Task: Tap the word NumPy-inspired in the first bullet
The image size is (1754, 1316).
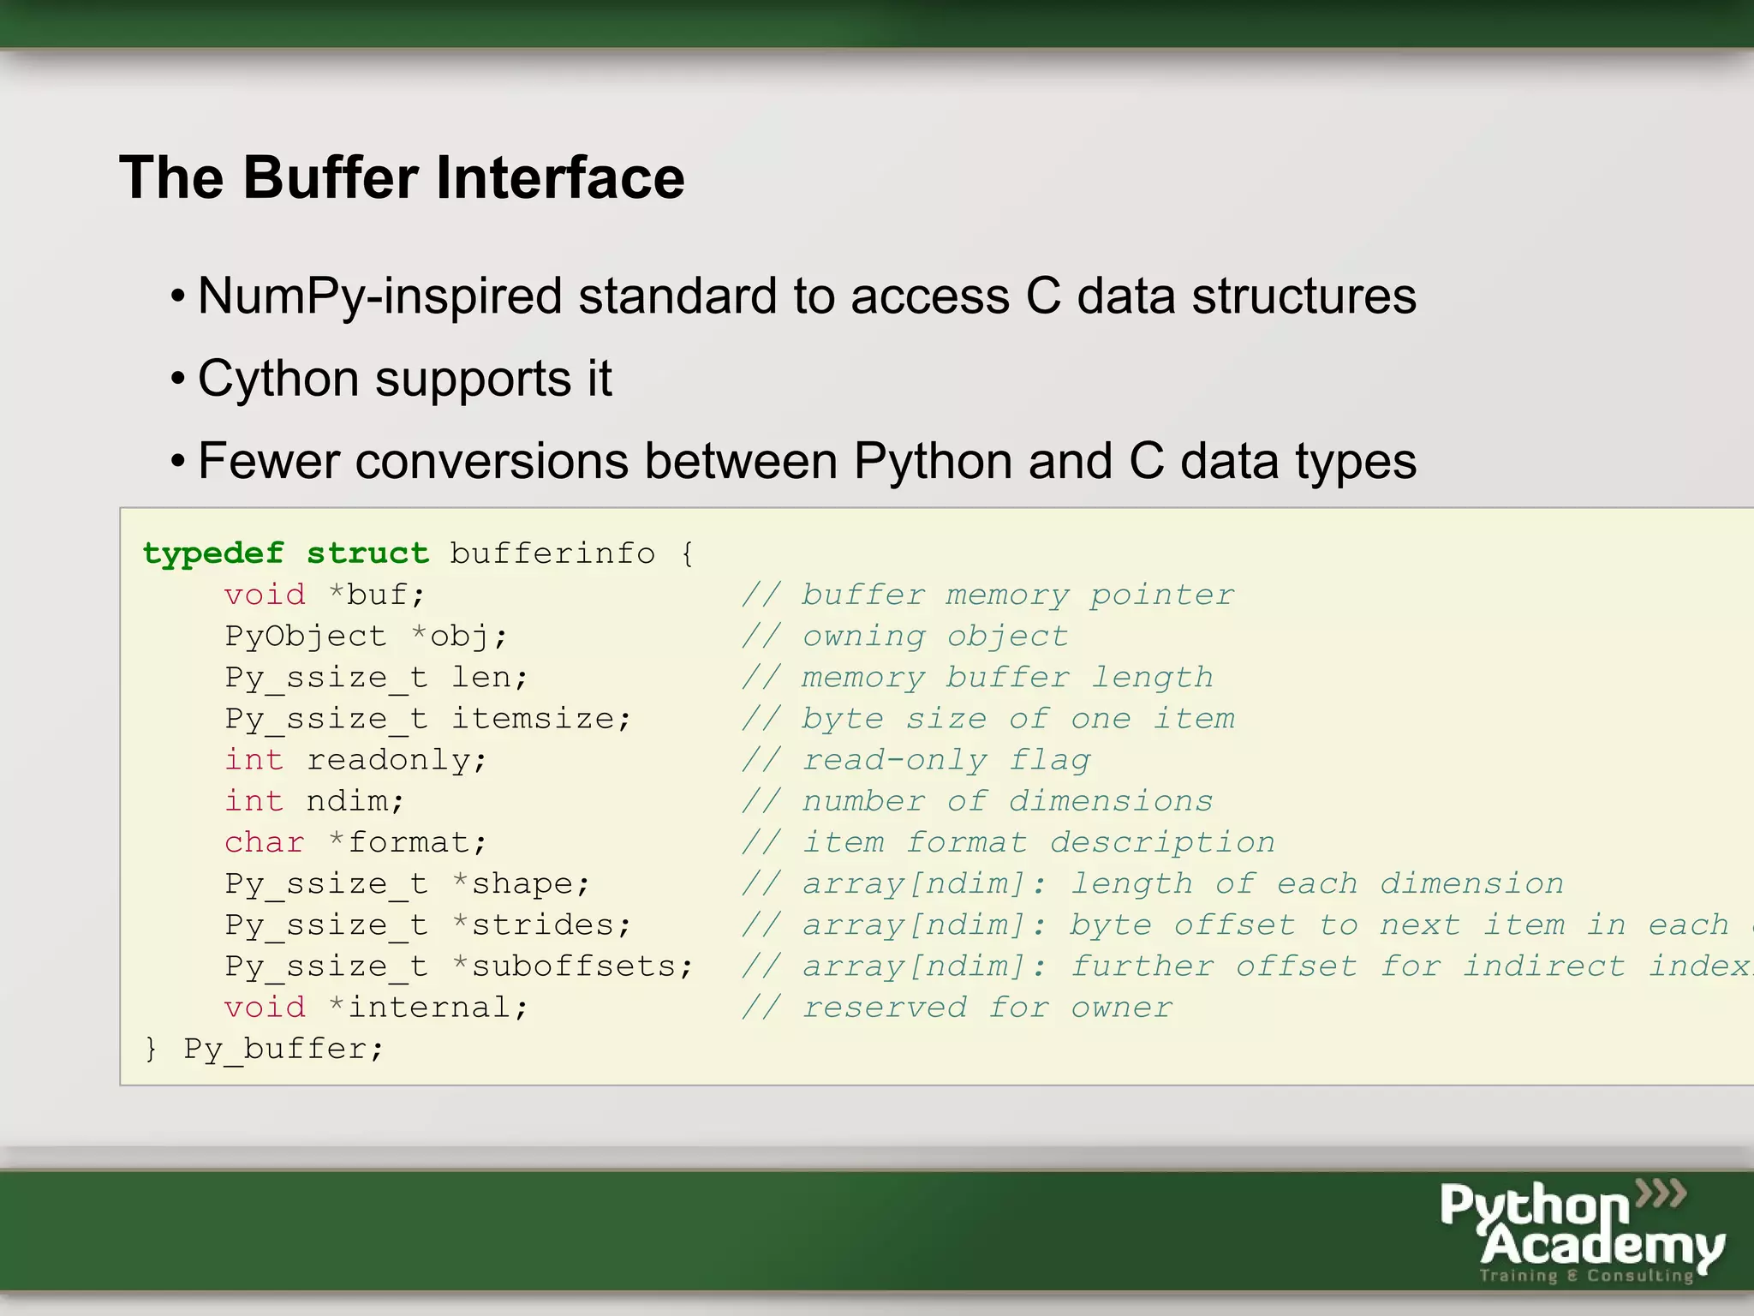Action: [379, 296]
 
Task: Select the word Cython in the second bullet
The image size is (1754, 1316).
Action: [277, 379]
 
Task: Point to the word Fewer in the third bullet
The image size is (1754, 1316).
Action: [269, 461]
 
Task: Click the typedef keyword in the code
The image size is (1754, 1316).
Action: [213, 553]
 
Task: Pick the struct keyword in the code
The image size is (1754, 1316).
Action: [367, 553]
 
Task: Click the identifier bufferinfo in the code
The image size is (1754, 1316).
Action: [552, 553]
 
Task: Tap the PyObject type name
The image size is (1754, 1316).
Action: [305, 636]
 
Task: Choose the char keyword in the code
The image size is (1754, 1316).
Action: [264, 842]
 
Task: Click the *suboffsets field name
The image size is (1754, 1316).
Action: [572, 966]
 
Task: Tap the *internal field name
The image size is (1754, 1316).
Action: [428, 1008]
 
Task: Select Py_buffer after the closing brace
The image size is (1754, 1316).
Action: [283, 1049]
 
